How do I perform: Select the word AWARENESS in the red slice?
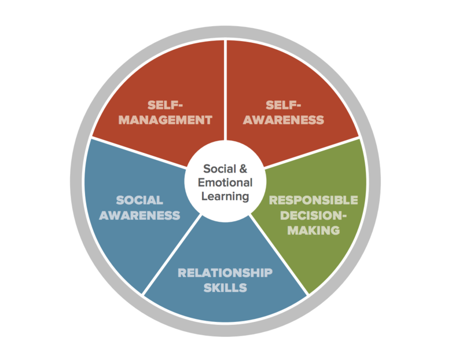click(283, 120)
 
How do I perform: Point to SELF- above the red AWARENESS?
click(283, 105)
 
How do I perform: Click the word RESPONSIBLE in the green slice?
click(313, 200)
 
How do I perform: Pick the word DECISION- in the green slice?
click(313, 215)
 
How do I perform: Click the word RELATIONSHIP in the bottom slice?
click(225, 273)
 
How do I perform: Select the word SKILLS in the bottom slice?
click(225, 288)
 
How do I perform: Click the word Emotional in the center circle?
click(226, 182)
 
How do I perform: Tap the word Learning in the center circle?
click(226, 196)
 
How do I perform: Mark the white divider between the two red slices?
click(226, 87)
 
